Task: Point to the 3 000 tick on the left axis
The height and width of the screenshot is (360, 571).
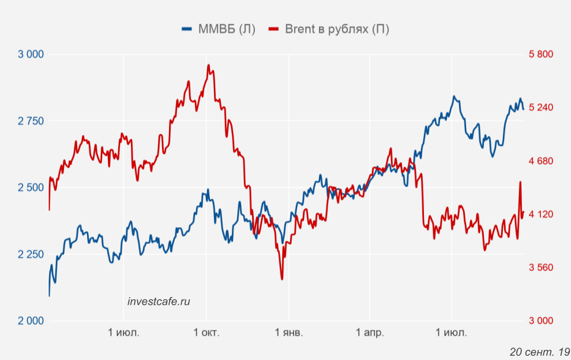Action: point(31,55)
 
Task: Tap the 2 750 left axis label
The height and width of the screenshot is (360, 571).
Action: point(31,121)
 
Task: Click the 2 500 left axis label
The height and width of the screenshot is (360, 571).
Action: point(31,188)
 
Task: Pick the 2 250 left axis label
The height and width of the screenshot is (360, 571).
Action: point(31,254)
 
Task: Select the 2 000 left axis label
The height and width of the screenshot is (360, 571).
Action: point(31,321)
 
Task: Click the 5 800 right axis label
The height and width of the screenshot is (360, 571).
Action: point(541,55)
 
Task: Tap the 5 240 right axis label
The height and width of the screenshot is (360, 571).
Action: point(541,107)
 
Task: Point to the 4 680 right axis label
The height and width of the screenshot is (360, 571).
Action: point(541,161)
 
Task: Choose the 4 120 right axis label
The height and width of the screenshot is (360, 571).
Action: point(541,214)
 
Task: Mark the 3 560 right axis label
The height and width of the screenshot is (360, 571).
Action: point(541,267)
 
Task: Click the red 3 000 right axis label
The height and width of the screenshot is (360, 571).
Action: point(541,321)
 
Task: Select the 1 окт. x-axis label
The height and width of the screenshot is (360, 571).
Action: point(206,333)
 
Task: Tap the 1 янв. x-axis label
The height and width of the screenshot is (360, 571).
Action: point(288,333)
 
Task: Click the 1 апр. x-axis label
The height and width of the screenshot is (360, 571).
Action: point(370,333)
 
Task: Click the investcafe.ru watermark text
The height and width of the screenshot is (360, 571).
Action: point(159,301)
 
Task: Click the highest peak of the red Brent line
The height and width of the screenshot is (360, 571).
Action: point(208,65)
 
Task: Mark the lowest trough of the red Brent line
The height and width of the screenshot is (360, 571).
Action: point(282,279)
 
